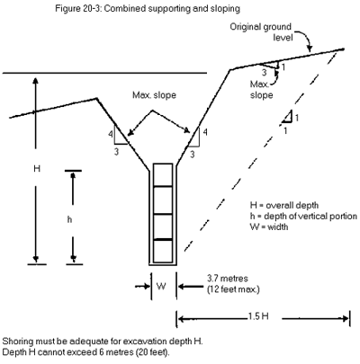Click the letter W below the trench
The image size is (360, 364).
pos(162,289)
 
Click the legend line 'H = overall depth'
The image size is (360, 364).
pos(287,206)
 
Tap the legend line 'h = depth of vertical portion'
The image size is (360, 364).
pos(307,217)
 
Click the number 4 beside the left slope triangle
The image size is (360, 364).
pos(111,134)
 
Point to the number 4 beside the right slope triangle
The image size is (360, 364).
pos(205,133)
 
